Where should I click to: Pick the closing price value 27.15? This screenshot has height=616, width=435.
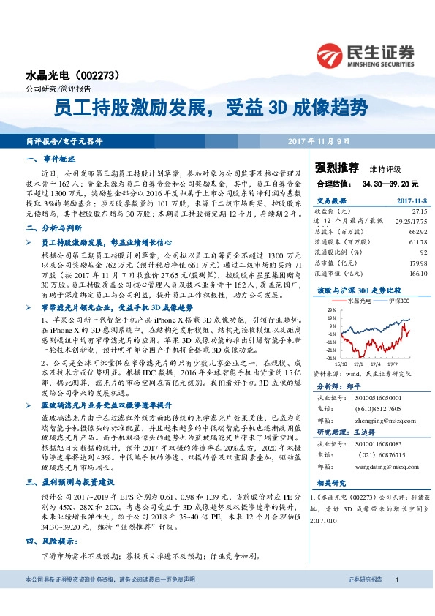417,210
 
